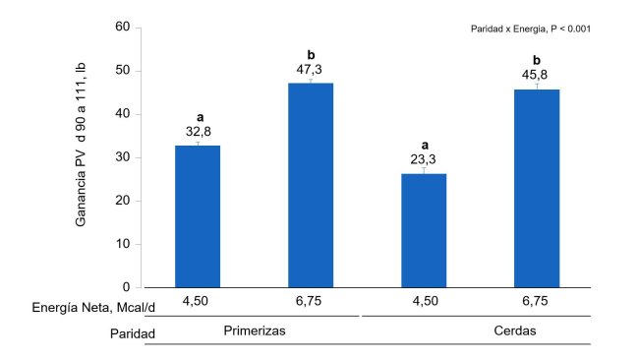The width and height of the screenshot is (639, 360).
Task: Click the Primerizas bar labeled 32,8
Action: click(x=198, y=216)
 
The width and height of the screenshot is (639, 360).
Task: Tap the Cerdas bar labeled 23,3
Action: click(x=424, y=230)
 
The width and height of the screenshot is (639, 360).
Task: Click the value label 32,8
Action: click(x=198, y=133)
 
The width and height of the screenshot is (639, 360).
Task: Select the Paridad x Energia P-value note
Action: click(x=531, y=30)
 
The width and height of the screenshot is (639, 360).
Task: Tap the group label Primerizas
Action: click(x=254, y=330)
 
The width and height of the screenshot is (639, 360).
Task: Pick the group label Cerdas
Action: click(x=513, y=330)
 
